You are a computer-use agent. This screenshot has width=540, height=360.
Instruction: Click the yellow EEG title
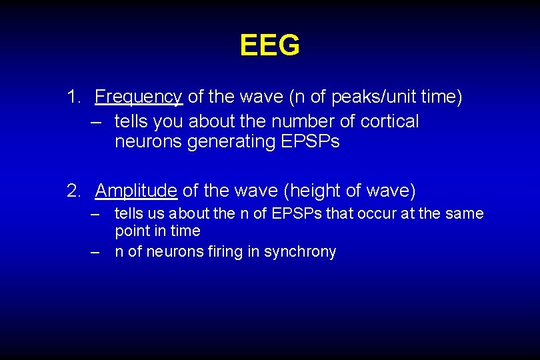[x=269, y=45]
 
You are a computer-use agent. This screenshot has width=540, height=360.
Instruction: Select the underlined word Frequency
[x=139, y=97]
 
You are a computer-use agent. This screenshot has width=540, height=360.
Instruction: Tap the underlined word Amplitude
[x=136, y=191]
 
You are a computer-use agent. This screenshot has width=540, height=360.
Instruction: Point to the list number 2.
[x=73, y=191]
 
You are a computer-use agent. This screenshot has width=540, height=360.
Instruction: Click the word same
[x=467, y=213]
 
